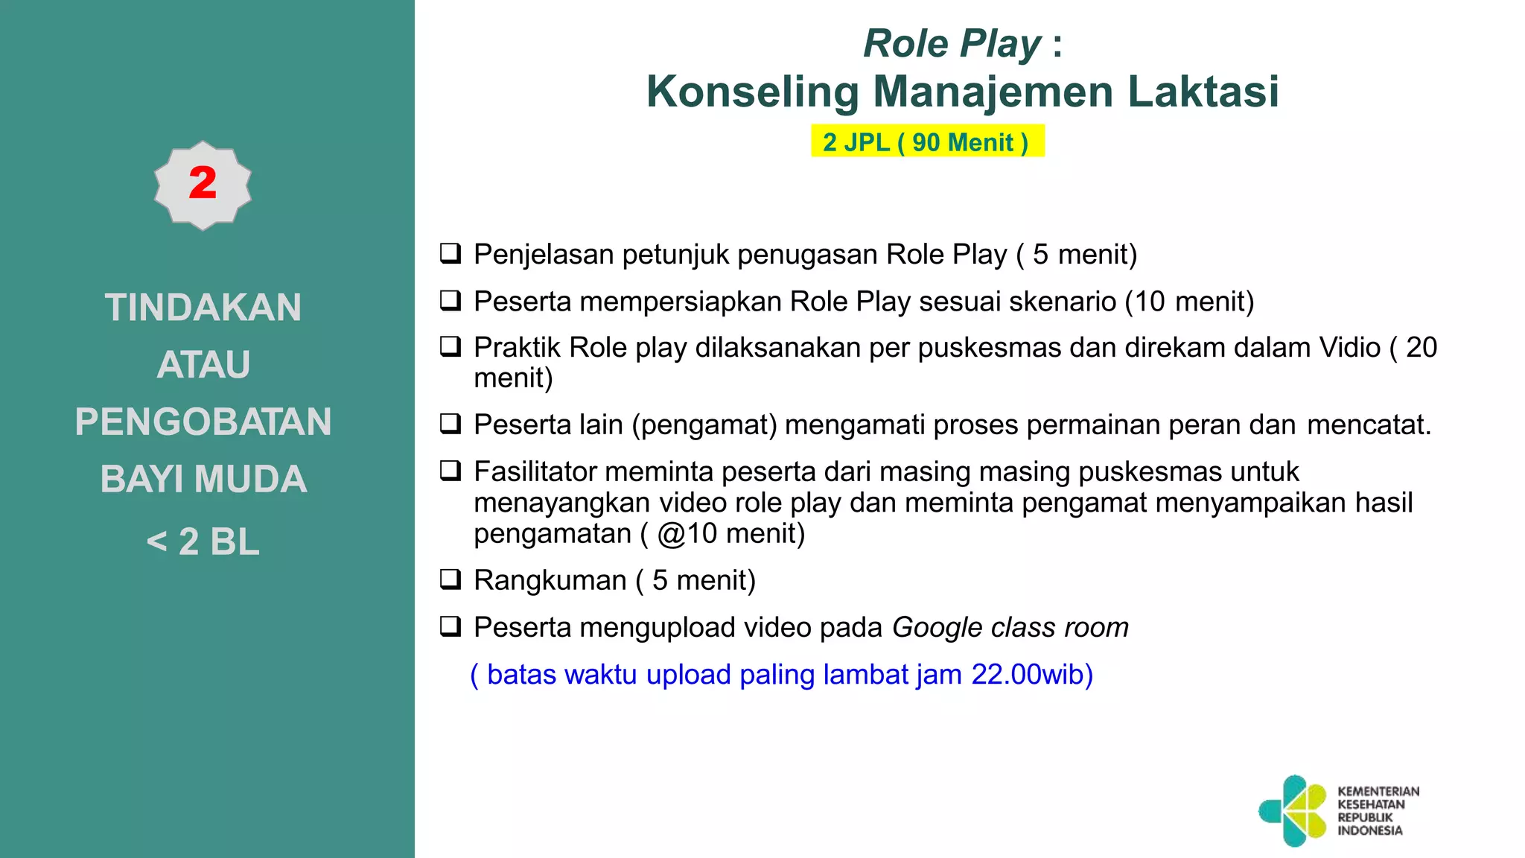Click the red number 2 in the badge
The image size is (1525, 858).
[x=203, y=183]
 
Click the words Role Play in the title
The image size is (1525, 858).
[x=952, y=44]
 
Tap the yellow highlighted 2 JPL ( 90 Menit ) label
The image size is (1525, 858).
[x=926, y=142]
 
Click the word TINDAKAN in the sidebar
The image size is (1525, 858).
[x=203, y=308]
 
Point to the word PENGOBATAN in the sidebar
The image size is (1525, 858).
[x=203, y=422]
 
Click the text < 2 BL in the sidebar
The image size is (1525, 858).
[x=203, y=541]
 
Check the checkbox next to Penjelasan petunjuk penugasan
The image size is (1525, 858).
[x=451, y=254]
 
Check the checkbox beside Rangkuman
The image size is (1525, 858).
[x=451, y=579]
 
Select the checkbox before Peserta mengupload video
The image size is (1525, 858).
[x=451, y=626]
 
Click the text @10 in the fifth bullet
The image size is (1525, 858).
[x=687, y=534]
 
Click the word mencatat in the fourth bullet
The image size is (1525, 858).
[x=1367, y=425]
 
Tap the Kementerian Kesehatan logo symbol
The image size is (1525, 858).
[x=1294, y=810]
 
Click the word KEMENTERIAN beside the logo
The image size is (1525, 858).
[x=1378, y=792]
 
